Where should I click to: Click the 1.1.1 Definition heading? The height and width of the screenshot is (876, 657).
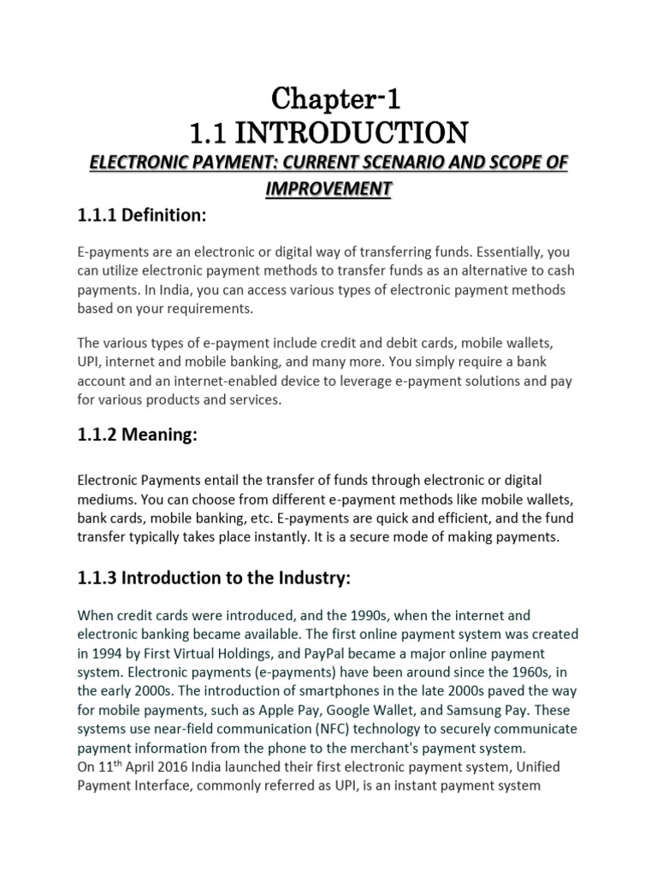142,217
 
